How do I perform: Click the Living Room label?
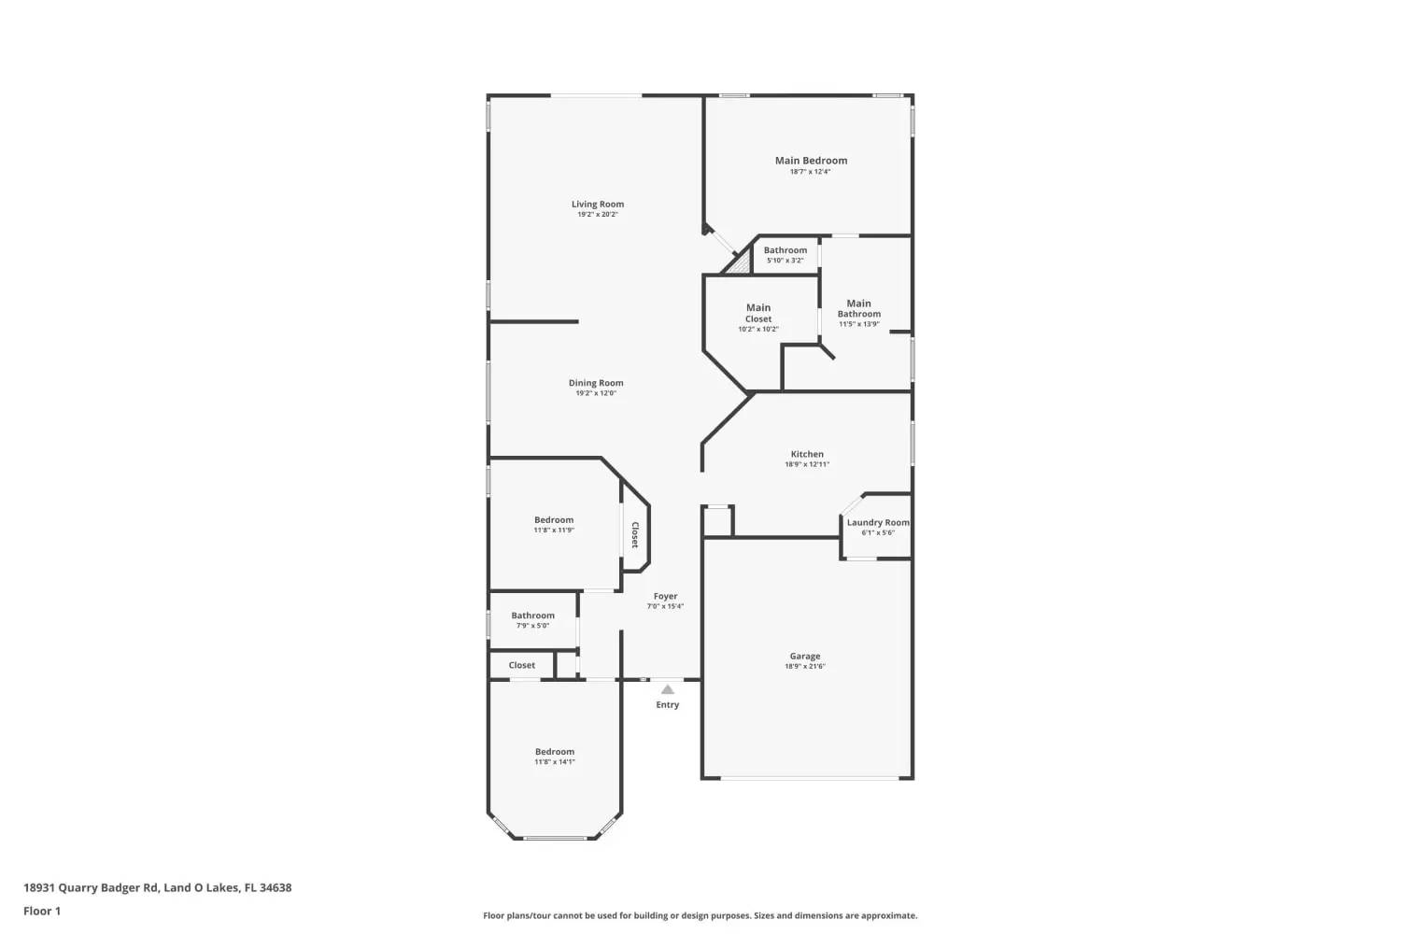pos(598,204)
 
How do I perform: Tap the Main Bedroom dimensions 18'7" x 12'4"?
pos(810,172)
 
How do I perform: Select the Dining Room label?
pos(596,383)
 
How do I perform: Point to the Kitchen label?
pos(807,454)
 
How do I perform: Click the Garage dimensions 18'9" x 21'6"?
pos(805,667)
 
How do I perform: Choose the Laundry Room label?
pos(878,522)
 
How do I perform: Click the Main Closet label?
pos(758,313)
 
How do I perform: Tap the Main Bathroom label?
pos(858,308)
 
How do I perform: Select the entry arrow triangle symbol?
pos(667,689)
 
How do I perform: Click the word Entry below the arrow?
pos(667,705)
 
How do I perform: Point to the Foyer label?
pos(665,596)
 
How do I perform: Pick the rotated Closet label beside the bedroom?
pos(635,534)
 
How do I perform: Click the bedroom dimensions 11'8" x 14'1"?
pos(555,762)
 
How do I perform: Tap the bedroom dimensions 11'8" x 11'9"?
pos(554,531)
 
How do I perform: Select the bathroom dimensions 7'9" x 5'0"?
pos(532,626)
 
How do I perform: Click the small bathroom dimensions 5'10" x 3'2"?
pos(785,261)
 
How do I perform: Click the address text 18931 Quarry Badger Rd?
pos(92,887)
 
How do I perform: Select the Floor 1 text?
pos(42,911)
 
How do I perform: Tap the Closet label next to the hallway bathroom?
pos(522,665)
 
